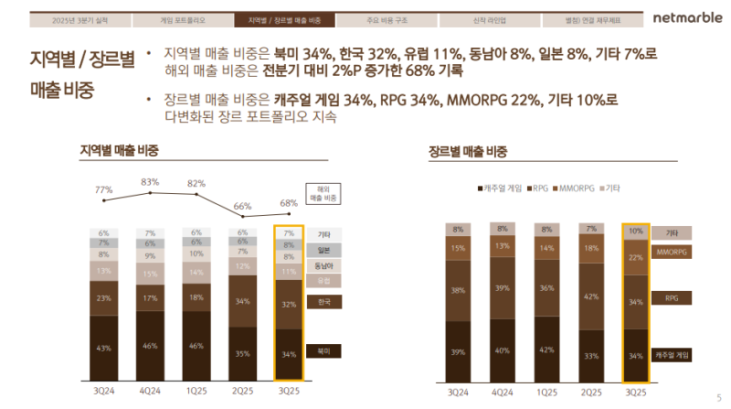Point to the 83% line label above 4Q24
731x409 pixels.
click(151, 181)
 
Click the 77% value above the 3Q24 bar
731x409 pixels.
click(104, 189)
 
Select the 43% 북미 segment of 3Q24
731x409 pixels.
click(104, 348)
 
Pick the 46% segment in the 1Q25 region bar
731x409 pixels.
click(196, 346)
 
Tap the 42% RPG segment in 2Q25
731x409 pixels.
click(591, 296)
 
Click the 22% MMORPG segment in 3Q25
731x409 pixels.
click(637, 257)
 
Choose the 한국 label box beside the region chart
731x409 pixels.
click(323, 302)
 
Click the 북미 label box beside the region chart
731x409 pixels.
click(323, 350)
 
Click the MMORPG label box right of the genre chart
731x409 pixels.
click(673, 252)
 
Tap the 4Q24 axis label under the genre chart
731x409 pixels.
click(500, 392)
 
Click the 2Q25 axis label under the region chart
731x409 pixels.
click(243, 392)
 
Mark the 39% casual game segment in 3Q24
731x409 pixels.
click(458, 351)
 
